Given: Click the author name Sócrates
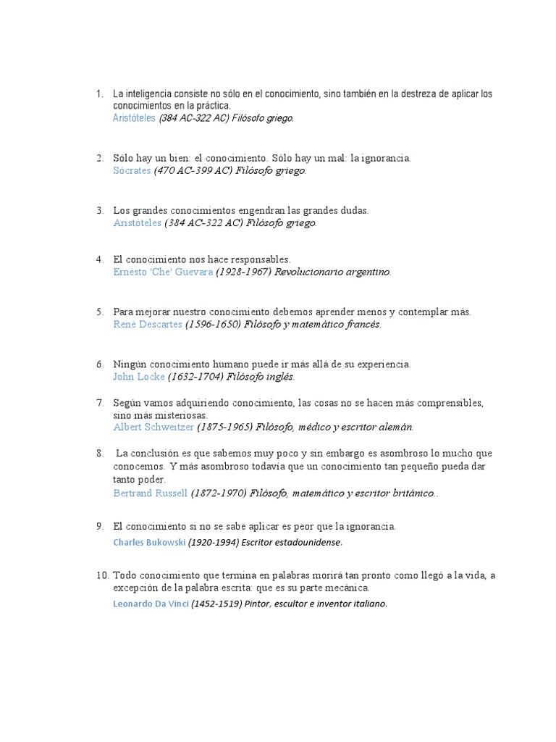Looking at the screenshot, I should coord(132,171).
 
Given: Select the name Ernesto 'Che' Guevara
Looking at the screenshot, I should coord(163,272).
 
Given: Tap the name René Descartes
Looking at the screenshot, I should coord(148,325).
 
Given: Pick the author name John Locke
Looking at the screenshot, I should coord(139,377).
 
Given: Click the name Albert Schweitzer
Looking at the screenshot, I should coord(153,428).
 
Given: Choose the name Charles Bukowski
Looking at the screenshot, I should coord(148,542).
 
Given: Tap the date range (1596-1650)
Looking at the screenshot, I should coord(212,325).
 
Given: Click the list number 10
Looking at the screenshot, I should coord(101,575).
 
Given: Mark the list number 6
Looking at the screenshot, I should coord(100,364).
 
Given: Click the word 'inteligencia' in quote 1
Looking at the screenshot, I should coord(147,94).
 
